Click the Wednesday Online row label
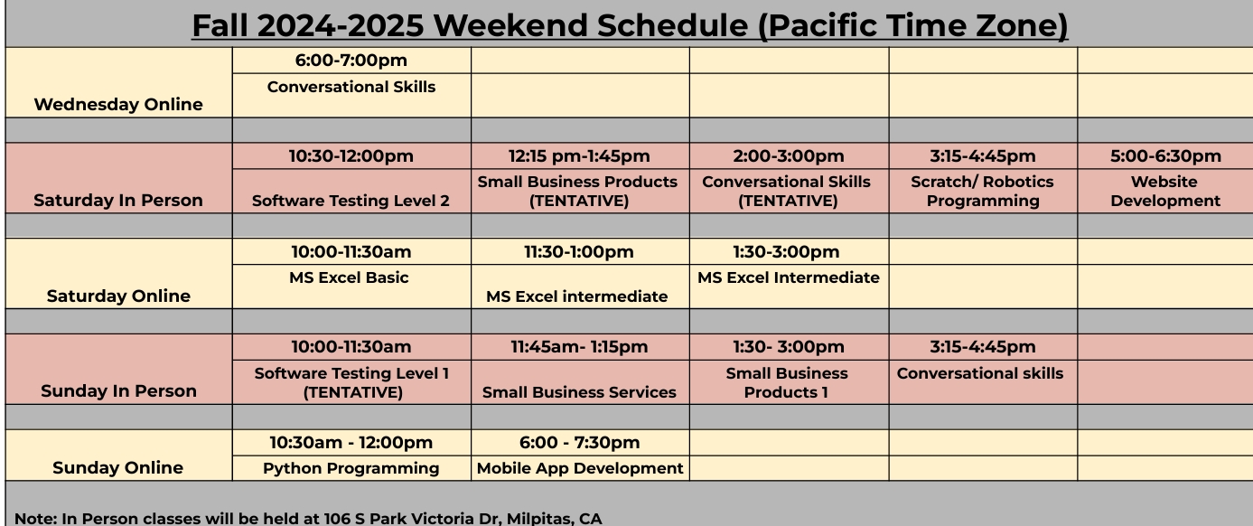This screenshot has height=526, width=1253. [118, 105]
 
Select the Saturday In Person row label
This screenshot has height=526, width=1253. [118, 201]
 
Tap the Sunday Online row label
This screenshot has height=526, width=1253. [118, 468]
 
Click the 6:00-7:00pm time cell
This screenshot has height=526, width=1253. [351, 61]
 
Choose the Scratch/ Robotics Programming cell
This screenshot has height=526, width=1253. [982, 192]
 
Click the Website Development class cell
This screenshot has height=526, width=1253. [1165, 192]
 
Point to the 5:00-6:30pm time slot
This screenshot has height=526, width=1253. [1165, 156]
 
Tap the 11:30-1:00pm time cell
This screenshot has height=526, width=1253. [579, 252]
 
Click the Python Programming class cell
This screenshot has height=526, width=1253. [351, 468]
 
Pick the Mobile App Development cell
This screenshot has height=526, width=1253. [580, 468]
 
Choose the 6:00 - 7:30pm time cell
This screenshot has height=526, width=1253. [579, 443]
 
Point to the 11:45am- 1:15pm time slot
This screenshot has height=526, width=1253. [579, 347]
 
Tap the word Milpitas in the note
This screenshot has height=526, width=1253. [536, 519]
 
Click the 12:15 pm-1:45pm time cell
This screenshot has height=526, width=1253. [579, 156]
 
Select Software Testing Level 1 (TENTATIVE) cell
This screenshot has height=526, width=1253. [351, 382]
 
